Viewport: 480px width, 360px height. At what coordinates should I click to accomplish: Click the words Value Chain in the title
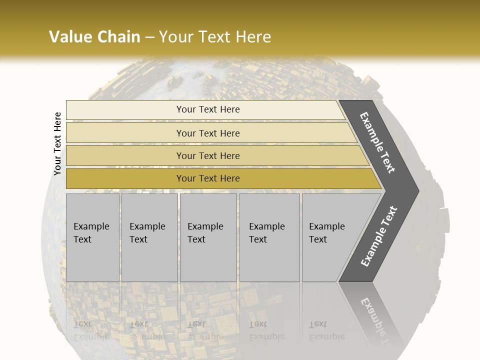[x=94, y=37]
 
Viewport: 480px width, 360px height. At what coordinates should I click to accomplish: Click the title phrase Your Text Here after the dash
[x=215, y=37]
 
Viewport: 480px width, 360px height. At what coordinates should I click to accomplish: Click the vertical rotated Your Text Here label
[x=57, y=143]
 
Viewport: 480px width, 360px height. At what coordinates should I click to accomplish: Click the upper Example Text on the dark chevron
[x=378, y=142]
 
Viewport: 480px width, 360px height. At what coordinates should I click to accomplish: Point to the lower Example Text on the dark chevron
[x=379, y=236]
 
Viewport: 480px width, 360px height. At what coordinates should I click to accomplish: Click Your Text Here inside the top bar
[x=208, y=109]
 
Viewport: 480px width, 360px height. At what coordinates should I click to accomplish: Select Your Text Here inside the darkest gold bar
[x=208, y=178]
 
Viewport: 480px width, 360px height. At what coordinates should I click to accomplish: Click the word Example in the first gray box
[x=91, y=226]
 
